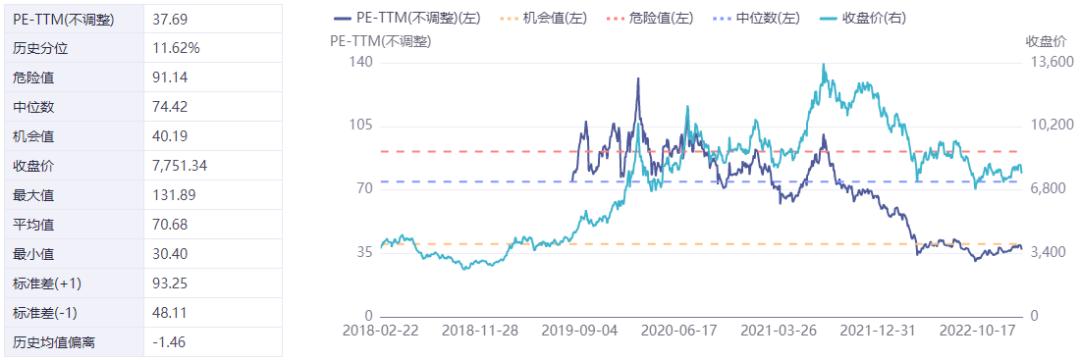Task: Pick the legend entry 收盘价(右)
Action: click(860, 19)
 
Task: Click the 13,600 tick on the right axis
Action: click(1049, 62)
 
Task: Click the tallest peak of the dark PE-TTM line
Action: click(637, 78)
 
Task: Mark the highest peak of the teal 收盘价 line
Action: click(822, 64)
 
